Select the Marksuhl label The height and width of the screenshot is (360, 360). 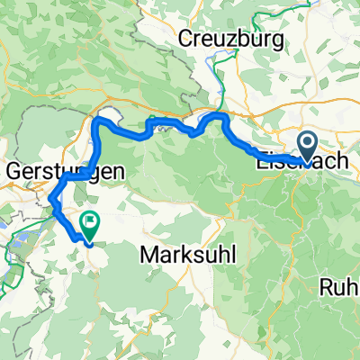(188, 255)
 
